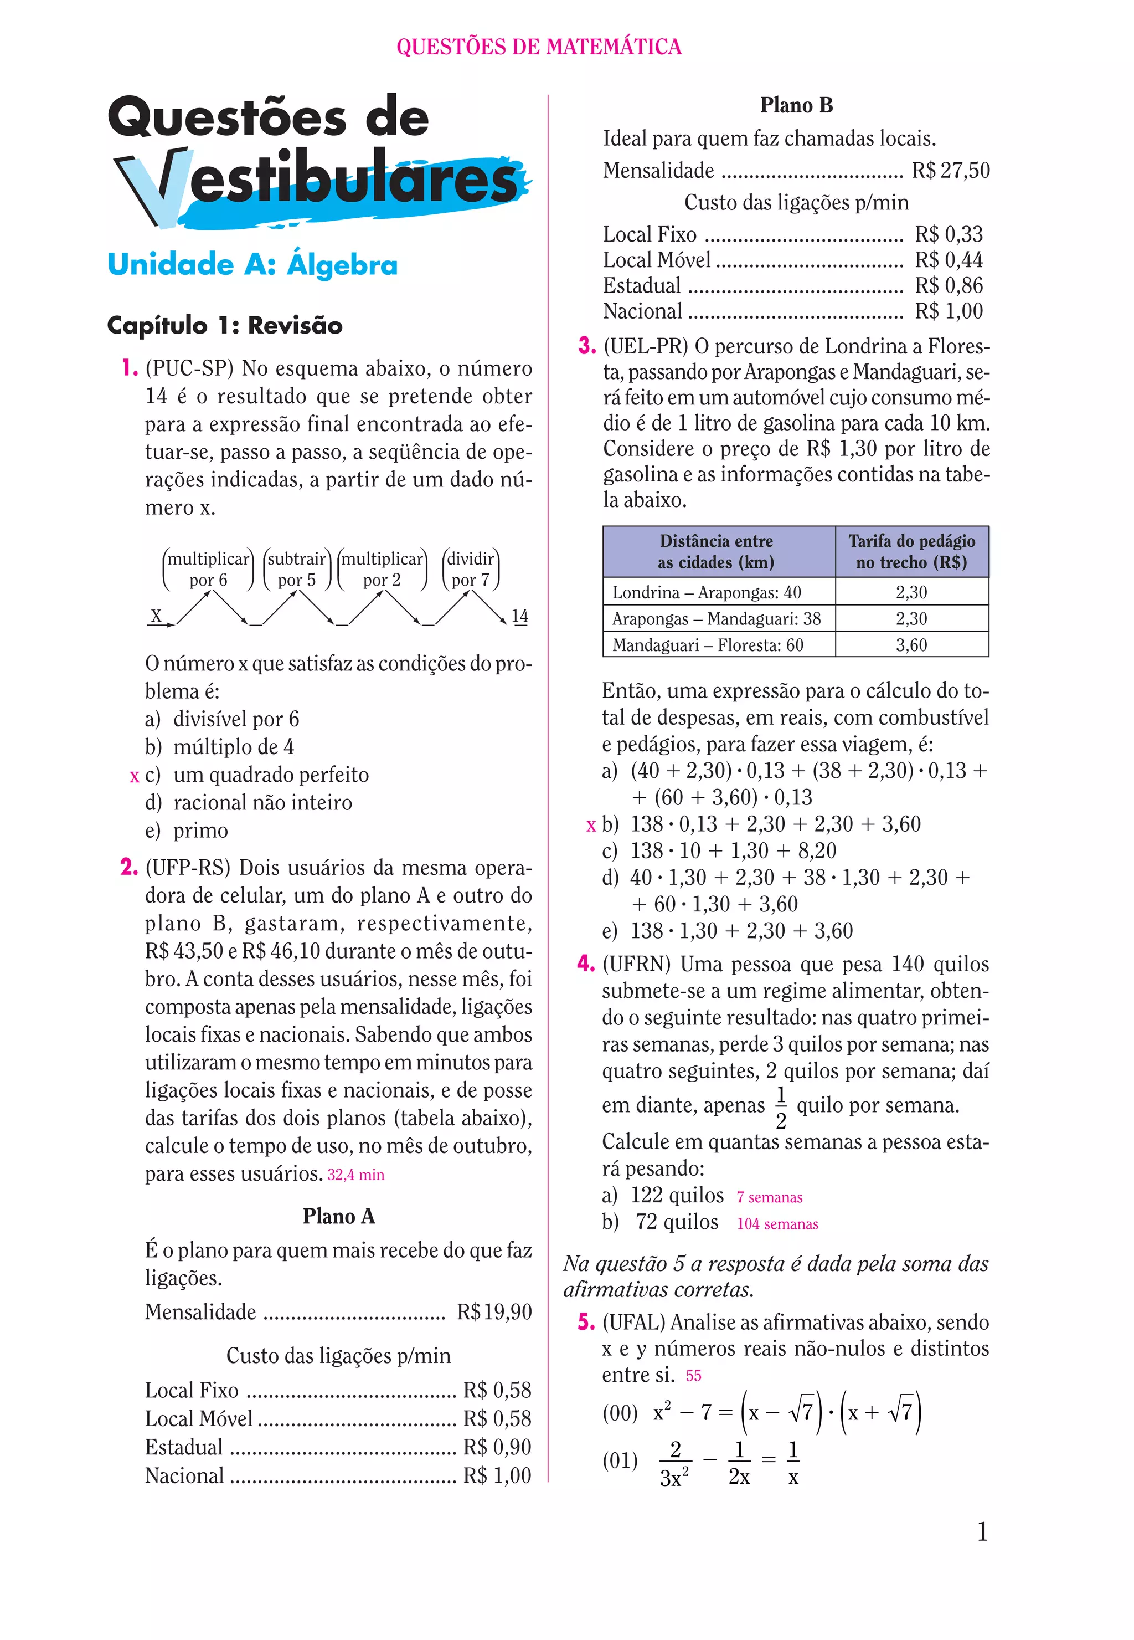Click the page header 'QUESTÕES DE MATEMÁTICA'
tap(539, 47)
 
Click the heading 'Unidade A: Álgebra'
tap(252, 264)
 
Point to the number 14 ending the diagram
tap(519, 616)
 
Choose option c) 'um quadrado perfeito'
tap(270, 775)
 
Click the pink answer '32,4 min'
tap(355, 1175)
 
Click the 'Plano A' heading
tap(338, 1216)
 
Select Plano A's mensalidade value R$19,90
tap(494, 1311)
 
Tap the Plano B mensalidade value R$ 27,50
tap(950, 171)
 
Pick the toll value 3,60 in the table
tap(911, 645)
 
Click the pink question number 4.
tap(585, 964)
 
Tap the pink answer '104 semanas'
tap(777, 1223)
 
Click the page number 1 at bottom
tap(982, 1531)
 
